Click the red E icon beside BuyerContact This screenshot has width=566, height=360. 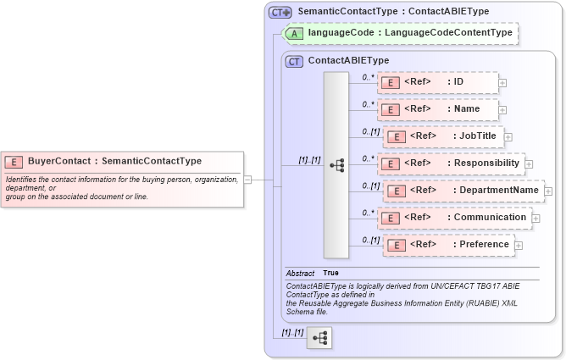click(x=14, y=161)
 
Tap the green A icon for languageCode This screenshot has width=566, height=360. click(x=294, y=33)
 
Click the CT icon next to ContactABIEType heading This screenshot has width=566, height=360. click(x=294, y=61)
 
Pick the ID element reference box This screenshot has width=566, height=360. click(x=437, y=82)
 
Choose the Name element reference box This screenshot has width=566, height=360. click(x=437, y=109)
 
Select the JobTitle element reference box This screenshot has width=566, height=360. click(x=443, y=136)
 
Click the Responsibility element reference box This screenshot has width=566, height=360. click(x=450, y=163)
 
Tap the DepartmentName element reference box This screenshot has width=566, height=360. click(x=463, y=191)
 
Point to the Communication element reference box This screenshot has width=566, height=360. click(x=454, y=218)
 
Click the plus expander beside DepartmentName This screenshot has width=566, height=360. click(x=548, y=191)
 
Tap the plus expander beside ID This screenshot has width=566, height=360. click(x=502, y=83)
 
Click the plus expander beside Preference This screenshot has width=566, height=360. click(x=519, y=246)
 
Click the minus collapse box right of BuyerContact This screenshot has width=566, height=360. click(x=247, y=180)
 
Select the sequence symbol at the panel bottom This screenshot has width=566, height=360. click(x=319, y=337)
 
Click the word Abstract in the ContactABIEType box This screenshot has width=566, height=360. click(x=300, y=274)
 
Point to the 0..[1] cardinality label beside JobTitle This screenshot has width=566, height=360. click(x=370, y=131)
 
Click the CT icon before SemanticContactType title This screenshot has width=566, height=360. click(x=280, y=13)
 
